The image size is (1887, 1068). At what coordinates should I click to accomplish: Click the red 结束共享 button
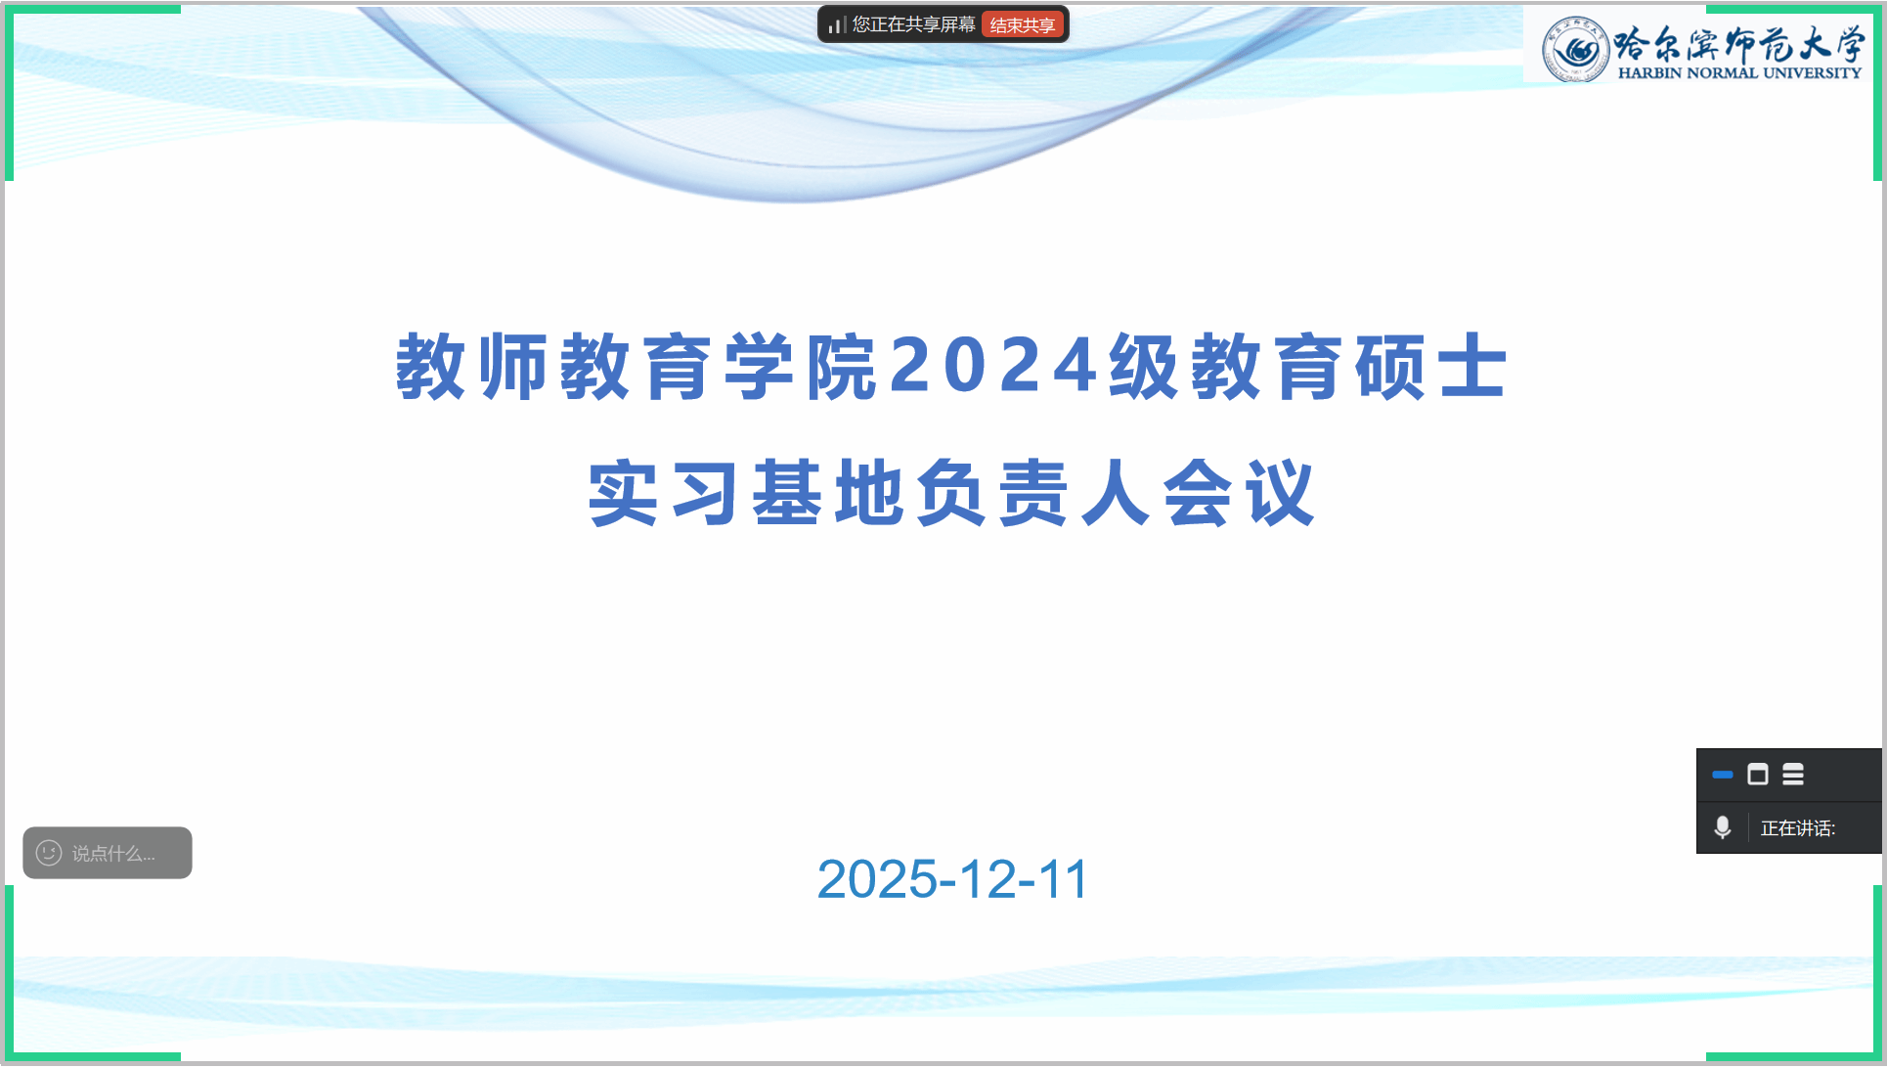(x=1022, y=25)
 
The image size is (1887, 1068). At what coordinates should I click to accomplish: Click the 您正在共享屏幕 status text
(x=913, y=24)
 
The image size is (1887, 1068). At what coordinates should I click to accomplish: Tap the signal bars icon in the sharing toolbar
(x=837, y=24)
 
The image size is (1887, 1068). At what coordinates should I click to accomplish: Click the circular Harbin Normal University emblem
(x=1575, y=49)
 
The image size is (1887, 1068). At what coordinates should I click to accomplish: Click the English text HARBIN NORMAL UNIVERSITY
(x=1739, y=72)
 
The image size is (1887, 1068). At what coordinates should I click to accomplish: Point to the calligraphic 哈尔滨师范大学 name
(x=1739, y=43)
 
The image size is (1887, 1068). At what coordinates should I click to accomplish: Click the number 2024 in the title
(x=993, y=366)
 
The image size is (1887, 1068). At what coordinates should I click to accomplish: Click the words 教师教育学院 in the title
(x=636, y=366)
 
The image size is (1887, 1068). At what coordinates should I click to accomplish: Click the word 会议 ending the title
(x=1240, y=493)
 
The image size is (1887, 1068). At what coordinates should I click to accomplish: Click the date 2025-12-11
(x=952, y=878)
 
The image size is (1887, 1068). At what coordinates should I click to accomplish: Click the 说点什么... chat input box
(x=108, y=853)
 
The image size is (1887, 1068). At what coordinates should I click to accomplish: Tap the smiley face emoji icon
(x=49, y=853)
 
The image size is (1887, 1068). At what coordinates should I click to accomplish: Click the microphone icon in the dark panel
(x=1723, y=827)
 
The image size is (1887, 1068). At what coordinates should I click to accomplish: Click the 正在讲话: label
(x=1798, y=828)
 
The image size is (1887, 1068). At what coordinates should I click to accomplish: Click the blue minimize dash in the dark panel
(x=1723, y=775)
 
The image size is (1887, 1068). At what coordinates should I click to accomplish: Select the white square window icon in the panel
(x=1758, y=775)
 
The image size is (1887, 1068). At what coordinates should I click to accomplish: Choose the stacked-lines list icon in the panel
(x=1793, y=775)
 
